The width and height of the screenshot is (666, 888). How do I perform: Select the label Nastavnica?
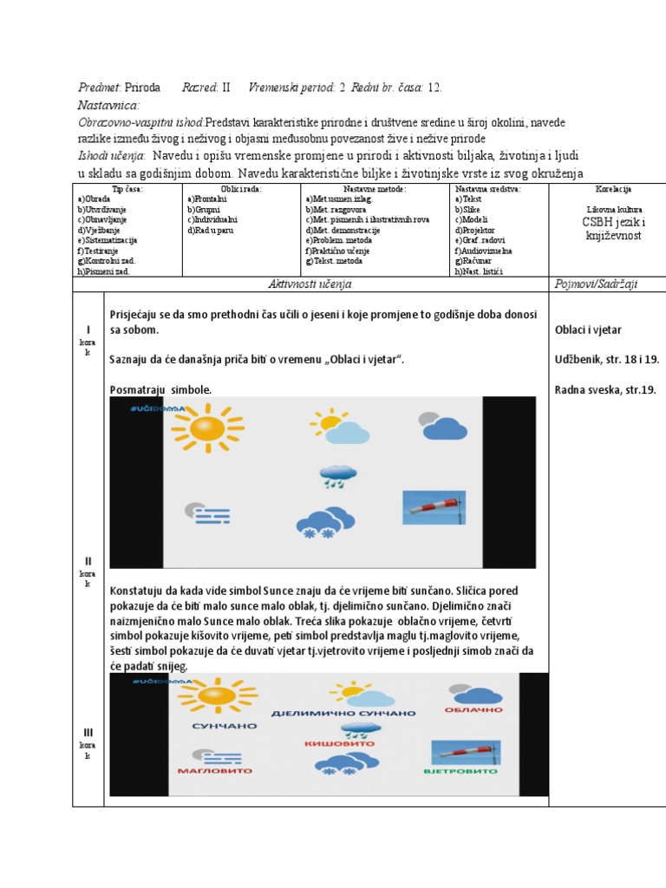tap(108, 105)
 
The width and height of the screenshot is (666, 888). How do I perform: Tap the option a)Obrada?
tap(94, 199)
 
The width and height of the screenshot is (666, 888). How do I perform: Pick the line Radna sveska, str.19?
tap(604, 389)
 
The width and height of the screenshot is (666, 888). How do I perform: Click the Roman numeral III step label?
tap(88, 733)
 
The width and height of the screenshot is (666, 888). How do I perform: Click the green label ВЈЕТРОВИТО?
tap(460, 770)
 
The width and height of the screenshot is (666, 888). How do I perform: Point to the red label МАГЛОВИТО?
tap(214, 770)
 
